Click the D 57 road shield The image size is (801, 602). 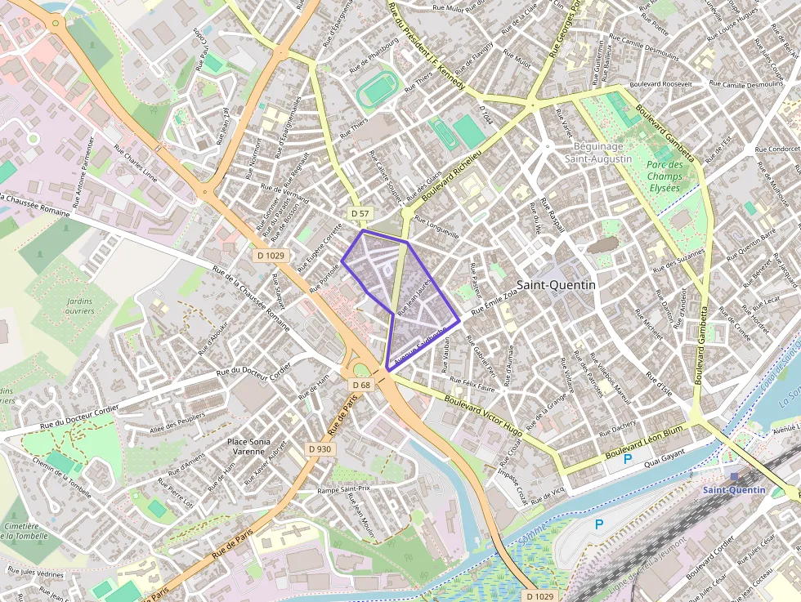coord(360,214)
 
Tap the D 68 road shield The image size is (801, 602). coord(361,385)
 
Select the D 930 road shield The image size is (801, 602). coord(320,449)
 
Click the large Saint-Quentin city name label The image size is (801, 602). coord(557,285)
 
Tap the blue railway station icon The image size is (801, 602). coord(734,475)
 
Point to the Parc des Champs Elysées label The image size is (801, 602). coord(663,176)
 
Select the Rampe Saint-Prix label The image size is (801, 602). coord(344,490)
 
